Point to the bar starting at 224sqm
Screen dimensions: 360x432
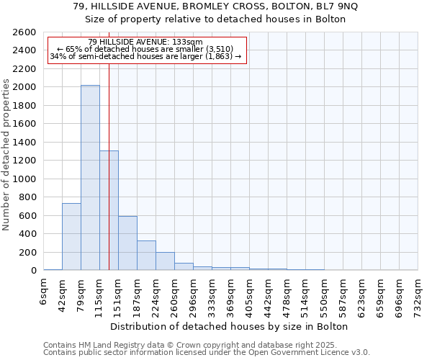(x=165, y=261)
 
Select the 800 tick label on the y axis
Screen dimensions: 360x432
(x=28, y=197)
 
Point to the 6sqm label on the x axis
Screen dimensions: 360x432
(x=43, y=292)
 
